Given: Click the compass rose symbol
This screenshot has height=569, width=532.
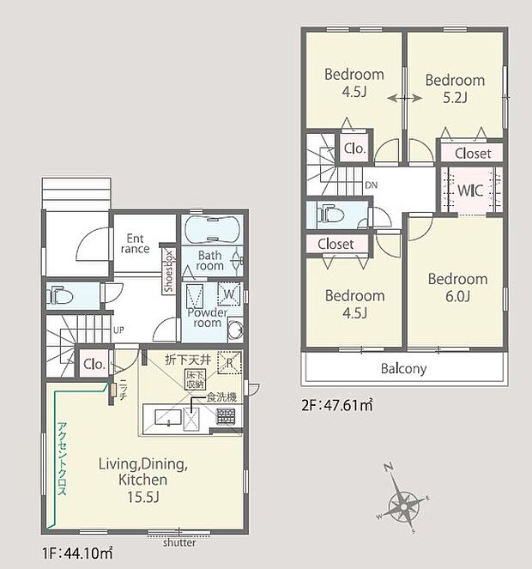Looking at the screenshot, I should click(x=403, y=499).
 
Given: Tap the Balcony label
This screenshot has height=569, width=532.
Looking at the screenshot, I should click(x=403, y=368).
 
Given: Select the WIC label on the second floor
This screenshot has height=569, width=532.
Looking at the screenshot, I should click(x=469, y=189).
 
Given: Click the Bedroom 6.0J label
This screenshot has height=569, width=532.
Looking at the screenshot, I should click(x=457, y=288).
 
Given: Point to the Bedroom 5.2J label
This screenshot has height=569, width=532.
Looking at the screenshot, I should click(x=456, y=88).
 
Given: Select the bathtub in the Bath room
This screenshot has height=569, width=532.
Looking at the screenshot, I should click(x=211, y=230).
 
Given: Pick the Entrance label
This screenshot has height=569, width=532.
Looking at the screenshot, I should click(x=136, y=244).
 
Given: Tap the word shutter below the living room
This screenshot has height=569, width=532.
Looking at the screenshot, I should click(x=178, y=543).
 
